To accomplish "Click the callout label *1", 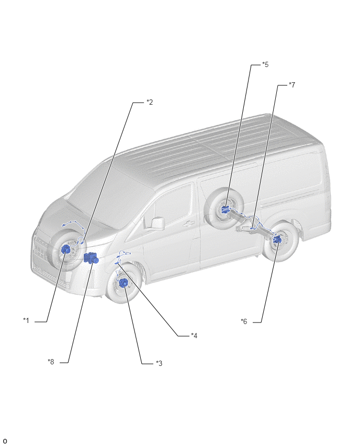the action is pyautogui.click(x=26, y=320).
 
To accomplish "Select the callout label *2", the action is pyautogui.click(x=150, y=102).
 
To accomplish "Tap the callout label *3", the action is pyautogui.click(x=159, y=363).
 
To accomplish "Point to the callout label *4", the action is pyautogui.click(x=194, y=336).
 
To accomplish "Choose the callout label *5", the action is pyautogui.click(x=265, y=64).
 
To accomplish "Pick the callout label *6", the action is pyautogui.click(x=244, y=321).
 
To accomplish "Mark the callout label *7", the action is pyautogui.click(x=292, y=85).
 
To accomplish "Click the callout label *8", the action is pyautogui.click(x=51, y=362).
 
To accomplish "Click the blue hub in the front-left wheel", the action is pyautogui.click(x=66, y=250).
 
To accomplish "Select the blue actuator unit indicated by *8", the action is pyautogui.click(x=91, y=258).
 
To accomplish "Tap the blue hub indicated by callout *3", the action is pyautogui.click(x=123, y=283).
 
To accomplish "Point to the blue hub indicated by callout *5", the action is pyautogui.click(x=226, y=209).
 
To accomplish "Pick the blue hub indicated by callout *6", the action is pyautogui.click(x=277, y=240).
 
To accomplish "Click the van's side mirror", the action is pyautogui.click(x=158, y=223).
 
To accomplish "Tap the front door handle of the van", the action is pyautogui.click(x=188, y=224).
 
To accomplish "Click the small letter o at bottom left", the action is pyautogui.click(x=5, y=441).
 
